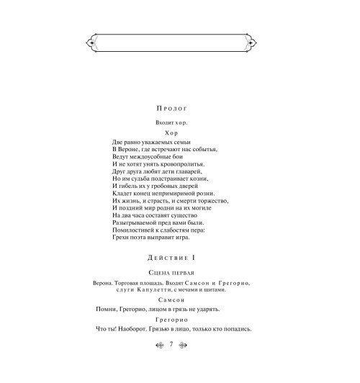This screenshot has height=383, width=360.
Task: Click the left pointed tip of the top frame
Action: point(86,44)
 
